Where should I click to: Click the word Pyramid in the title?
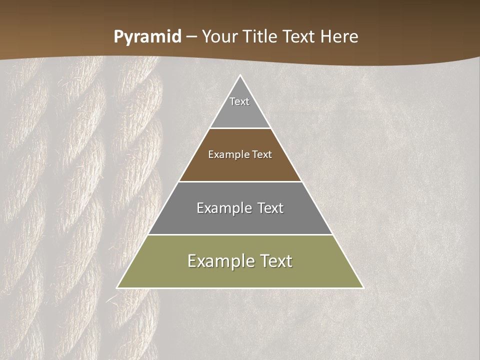click(x=147, y=37)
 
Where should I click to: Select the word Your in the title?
click(x=220, y=37)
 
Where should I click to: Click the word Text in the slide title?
click(x=299, y=37)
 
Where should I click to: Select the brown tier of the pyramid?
click(x=240, y=167)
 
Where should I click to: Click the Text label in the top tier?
click(x=239, y=101)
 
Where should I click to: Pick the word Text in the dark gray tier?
click(x=271, y=208)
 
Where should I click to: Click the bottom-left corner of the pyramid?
click(x=117, y=287)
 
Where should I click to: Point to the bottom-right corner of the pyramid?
click(x=363, y=287)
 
